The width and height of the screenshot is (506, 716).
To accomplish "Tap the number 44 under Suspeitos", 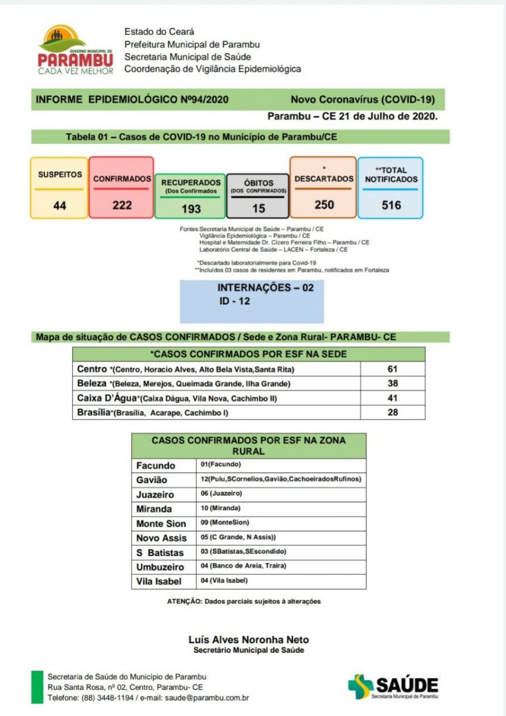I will [60, 205].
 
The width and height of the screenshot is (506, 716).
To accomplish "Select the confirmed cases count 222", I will [122, 205].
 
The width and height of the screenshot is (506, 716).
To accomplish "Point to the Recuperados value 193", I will [191, 209].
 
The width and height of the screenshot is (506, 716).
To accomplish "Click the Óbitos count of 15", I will [258, 209].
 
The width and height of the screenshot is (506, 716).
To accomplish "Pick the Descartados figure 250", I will [324, 205].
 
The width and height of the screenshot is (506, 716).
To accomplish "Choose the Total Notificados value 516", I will [391, 205].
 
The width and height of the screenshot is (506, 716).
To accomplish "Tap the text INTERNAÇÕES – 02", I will [265, 288].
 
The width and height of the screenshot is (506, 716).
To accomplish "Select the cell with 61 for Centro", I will [392, 369].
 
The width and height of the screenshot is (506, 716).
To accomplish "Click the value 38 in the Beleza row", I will [392, 384].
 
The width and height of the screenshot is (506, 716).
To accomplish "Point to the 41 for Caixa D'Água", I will [392, 398].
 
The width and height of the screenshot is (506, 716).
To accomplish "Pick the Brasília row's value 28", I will [392, 412].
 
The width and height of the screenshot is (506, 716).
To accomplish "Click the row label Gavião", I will [152, 480].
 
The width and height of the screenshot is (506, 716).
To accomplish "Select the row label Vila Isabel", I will [159, 582].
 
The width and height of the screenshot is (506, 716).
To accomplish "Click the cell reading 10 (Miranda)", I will [221, 508].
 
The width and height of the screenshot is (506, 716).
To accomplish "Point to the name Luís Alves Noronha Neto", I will [249, 640].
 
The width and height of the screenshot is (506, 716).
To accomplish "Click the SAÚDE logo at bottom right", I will [393, 687].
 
